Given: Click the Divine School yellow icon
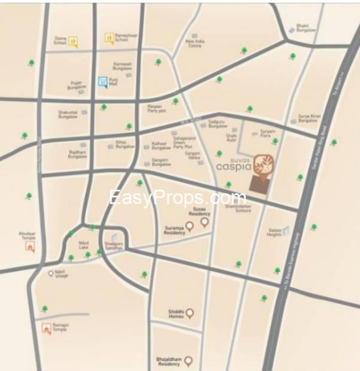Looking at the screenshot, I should [x=72, y=42].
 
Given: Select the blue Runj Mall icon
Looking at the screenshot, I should [x=104, y=81].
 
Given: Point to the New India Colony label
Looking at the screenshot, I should [x=195, y=44].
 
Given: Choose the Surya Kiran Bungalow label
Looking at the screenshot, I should [x=309, y=118].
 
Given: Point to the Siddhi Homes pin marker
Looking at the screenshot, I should [x=190, y=313].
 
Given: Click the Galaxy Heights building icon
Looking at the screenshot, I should [x=286, y=230].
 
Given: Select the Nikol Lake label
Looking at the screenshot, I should [x=84, y=245].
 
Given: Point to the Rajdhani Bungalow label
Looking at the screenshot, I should [x=78, y=154].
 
